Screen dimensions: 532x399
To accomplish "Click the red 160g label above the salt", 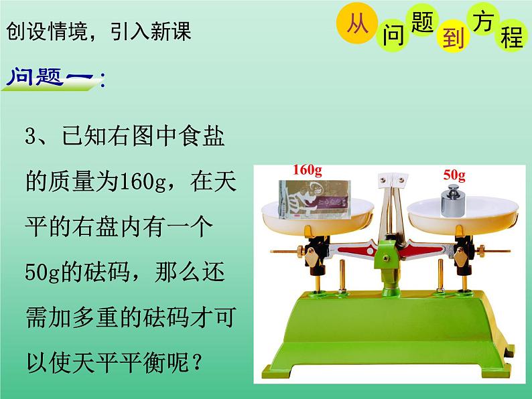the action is [x=308, y=170].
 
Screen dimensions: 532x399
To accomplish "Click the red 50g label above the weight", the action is [x=454, y=175].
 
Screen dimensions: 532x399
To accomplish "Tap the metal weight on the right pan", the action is [x=453, y=201].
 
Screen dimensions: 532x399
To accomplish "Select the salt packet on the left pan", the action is [x=314, y=199].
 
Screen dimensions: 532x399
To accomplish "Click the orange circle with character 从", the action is [x=357, y=23].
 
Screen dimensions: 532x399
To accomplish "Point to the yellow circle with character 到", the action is [x=453, y=37].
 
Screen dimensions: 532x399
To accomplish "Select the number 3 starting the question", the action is [x=30, y=137].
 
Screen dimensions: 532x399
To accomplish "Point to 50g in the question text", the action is [x=42, y=272].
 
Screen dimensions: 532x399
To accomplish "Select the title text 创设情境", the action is [x=47, y=31].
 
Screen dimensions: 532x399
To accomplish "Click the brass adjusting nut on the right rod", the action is [x=481, y=251].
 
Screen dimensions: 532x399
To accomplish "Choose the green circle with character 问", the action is [x=393, y=35].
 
